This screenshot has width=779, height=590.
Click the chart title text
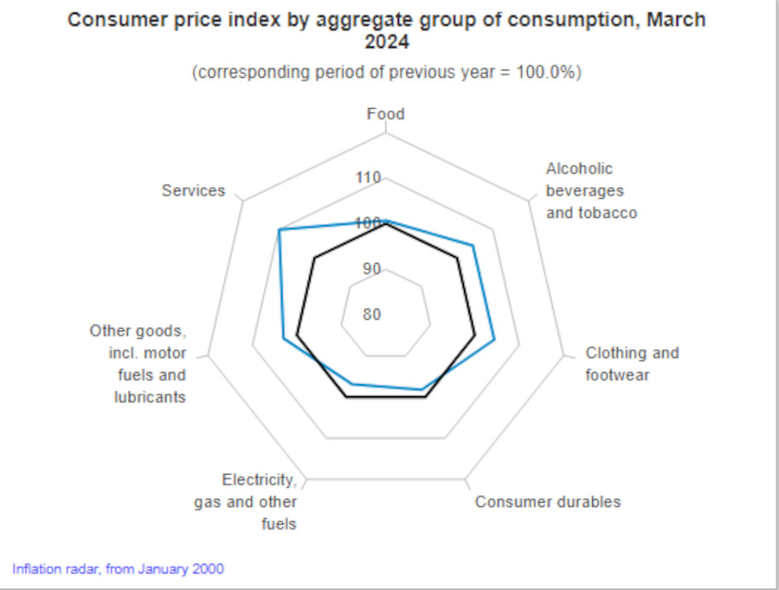point(386,30)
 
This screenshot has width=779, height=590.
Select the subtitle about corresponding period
point(386,73)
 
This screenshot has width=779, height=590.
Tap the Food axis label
point(385,114)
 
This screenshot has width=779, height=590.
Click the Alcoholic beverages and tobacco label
point(591,190)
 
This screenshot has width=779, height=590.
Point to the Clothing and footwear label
point(632,364)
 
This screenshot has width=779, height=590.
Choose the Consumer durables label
point(547,502)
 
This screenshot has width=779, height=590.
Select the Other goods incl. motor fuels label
point(138,363)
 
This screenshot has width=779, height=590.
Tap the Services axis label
point(193,190)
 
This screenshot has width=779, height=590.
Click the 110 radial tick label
point(368,178)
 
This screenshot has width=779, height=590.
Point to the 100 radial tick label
point(368,223)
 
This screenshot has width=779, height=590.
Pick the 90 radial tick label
point(371,268)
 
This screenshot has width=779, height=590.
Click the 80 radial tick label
point(371,314)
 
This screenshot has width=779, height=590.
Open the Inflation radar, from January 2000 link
point(118,569)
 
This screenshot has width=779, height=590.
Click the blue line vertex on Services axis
point(279,229)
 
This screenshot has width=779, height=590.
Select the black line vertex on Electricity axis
point(346,397)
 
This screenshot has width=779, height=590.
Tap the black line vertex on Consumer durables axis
point(426,397)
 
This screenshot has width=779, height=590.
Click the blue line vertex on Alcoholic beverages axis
point(473,246)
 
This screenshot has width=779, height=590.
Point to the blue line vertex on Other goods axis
point(284,339)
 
